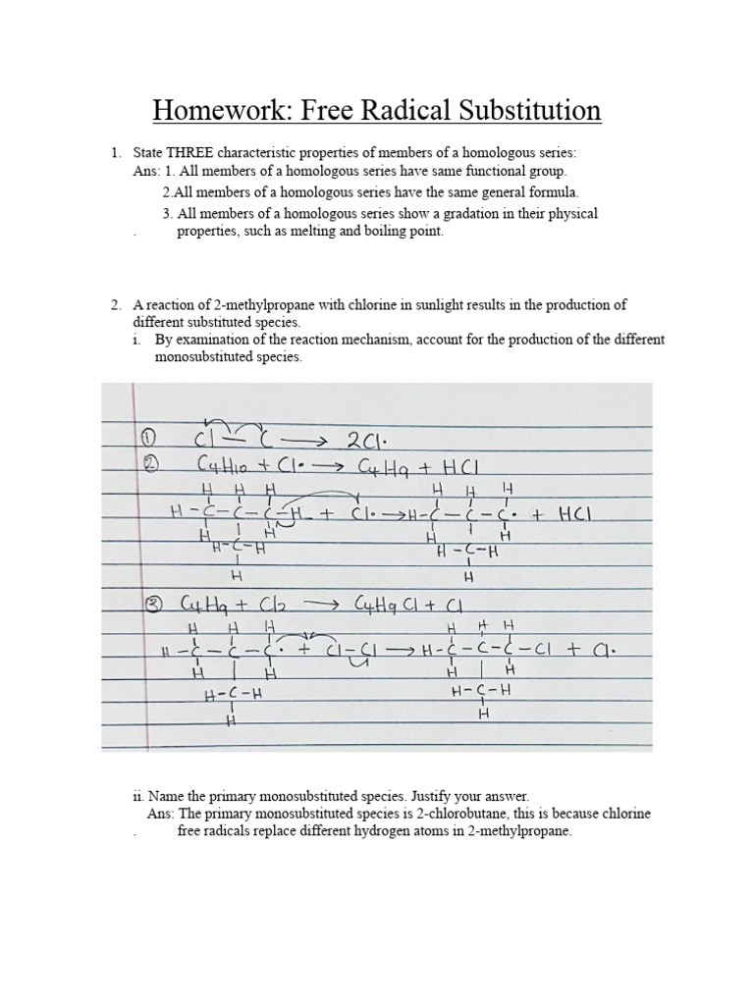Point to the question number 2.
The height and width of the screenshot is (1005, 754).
click(x=115, y=304)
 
